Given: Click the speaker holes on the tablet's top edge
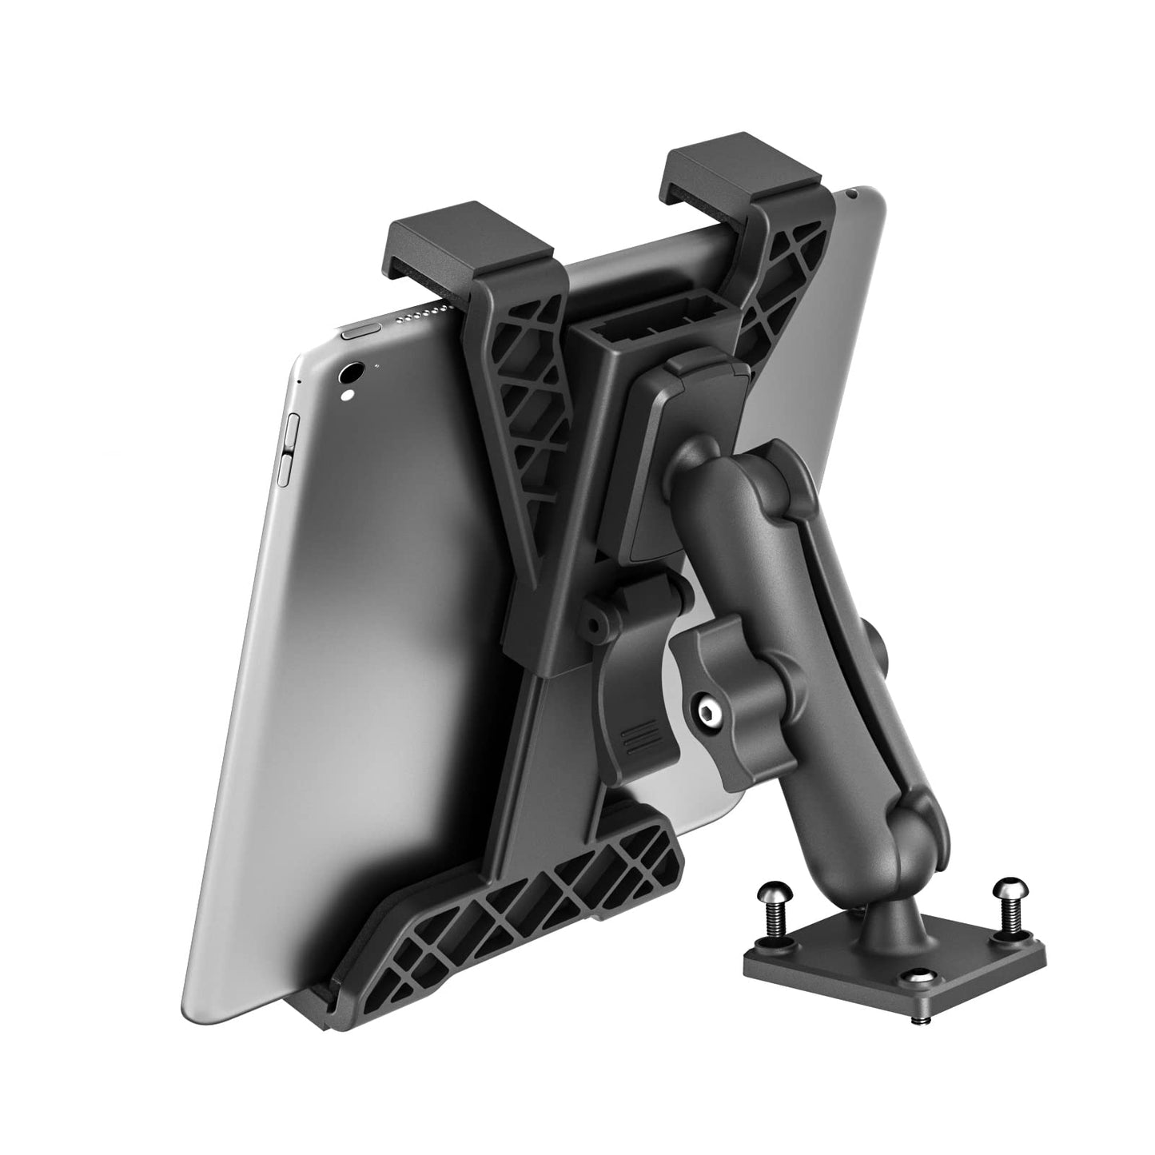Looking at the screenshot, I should coord(416,317).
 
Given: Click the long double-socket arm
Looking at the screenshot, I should coord(807,679).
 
